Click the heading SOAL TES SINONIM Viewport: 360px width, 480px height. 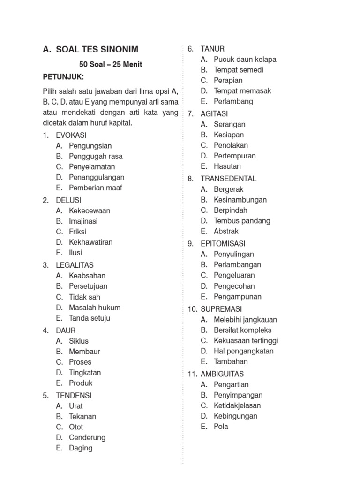(97, 50)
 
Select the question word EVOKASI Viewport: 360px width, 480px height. (71, 135)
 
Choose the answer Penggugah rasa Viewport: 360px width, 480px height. (96, 156)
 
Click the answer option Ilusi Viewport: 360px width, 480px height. (75, 253)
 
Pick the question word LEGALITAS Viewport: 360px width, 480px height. (75, 265)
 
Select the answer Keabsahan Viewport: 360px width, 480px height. (87, 276)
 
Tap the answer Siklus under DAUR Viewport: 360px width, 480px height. (79, 341)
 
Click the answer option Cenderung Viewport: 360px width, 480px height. (87, 437)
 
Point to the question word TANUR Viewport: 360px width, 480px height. (212, 48)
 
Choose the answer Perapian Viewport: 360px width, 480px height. (228, 80)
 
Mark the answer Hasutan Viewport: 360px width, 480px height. (227, 166)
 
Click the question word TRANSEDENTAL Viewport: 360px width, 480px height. (228, 179)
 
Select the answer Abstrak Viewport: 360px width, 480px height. (226, 231)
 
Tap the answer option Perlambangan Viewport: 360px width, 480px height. (238, 264)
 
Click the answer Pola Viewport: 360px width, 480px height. (221, 427)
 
